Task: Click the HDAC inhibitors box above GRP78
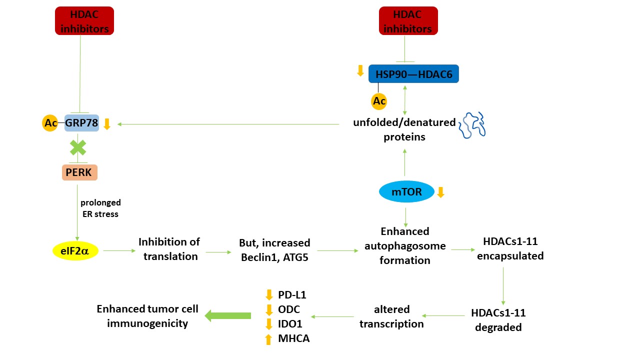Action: click(84, 21)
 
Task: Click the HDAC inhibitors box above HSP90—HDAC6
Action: click(408, 21)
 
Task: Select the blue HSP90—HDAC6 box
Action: click(413, 73)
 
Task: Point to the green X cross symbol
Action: click(77, 147)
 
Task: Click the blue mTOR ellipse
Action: click(406, 192)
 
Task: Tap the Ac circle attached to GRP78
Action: click(50, 123)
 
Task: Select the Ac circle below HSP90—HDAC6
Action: click(379, 101)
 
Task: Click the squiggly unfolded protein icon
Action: click(472, 124)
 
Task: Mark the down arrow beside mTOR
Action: click(440, 192)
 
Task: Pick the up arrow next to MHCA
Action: click(268, 339)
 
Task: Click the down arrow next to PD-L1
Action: click(268, 295)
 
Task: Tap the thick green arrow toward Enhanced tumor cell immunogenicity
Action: click(228, 315)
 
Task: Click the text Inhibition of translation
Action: click(169, 249)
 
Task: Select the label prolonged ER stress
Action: click(100, 208)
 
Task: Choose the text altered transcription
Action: click(391, 316)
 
